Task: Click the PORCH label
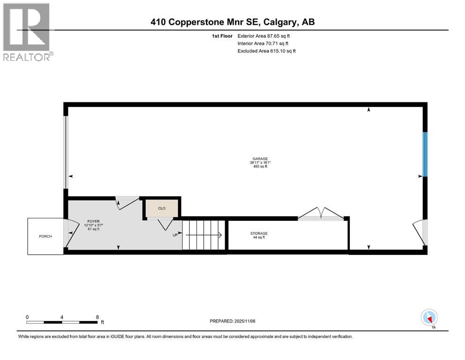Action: point(45,236)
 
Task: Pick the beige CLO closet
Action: point(161,208)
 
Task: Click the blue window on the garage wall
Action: point(425,154)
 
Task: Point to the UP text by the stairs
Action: point(175,235)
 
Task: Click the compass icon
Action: point(429,317)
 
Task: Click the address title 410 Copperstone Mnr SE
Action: point(236,22)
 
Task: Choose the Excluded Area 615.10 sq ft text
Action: point(266,51)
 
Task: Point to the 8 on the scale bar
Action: point(97,317)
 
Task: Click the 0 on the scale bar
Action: point(27,317)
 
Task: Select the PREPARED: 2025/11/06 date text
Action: point(233,321)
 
